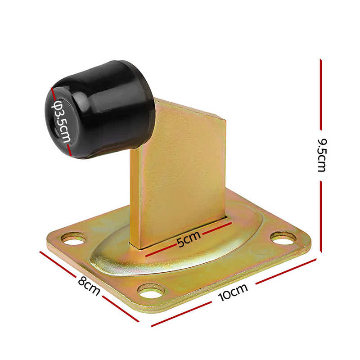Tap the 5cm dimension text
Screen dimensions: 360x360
coord(186,241)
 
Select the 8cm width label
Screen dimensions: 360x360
coord(89,287)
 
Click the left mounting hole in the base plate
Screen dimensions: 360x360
coord(73,239)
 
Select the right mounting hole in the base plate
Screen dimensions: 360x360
coord(283,238)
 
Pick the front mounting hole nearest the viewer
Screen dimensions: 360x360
coord(151,292)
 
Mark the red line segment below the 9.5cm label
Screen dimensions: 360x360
coord(321,216)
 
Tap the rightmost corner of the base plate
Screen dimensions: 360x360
coord(310,245)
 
